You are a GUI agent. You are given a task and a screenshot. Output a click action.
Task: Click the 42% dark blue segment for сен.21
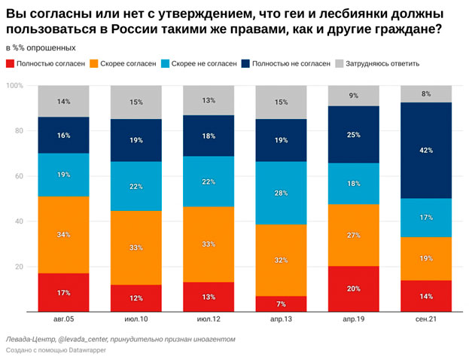click(x=425, y=151)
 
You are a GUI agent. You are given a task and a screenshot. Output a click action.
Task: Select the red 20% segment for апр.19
click(x=352, y=288)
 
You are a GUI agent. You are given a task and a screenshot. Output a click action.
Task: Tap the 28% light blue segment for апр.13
click(x=280, y=194)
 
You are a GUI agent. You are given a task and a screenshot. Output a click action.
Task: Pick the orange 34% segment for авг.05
click(x=63, y=235)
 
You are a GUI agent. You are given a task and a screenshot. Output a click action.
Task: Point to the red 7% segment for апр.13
click(x=280, y=304)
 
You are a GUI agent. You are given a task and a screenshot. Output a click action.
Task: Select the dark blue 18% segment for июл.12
click(x=208, y=136)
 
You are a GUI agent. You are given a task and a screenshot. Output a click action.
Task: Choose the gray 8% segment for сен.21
click(x=425, y=94)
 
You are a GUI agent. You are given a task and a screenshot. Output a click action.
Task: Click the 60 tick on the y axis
click(x=20, y=176)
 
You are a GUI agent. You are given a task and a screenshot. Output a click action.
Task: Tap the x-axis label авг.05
click(x=63, y=319)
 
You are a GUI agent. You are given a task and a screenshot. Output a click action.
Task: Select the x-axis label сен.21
click(x=425, y=319)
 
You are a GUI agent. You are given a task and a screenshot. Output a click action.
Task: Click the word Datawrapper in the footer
click(x=88, y=350)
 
